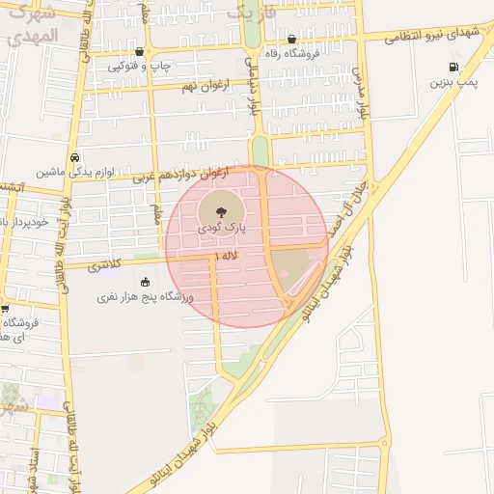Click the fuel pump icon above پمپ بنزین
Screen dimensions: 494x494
(x=453, y=67)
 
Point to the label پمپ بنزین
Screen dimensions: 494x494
(x=454, y=85)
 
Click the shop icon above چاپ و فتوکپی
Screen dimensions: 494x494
(x=141, y=52)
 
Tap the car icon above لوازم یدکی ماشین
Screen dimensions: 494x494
(x=75, y=156)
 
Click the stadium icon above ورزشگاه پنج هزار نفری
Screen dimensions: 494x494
(x=146, y=282)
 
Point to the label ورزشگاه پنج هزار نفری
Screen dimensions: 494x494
(x=145, y=298)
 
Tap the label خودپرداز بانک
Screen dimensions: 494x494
(x=26, y=222)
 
